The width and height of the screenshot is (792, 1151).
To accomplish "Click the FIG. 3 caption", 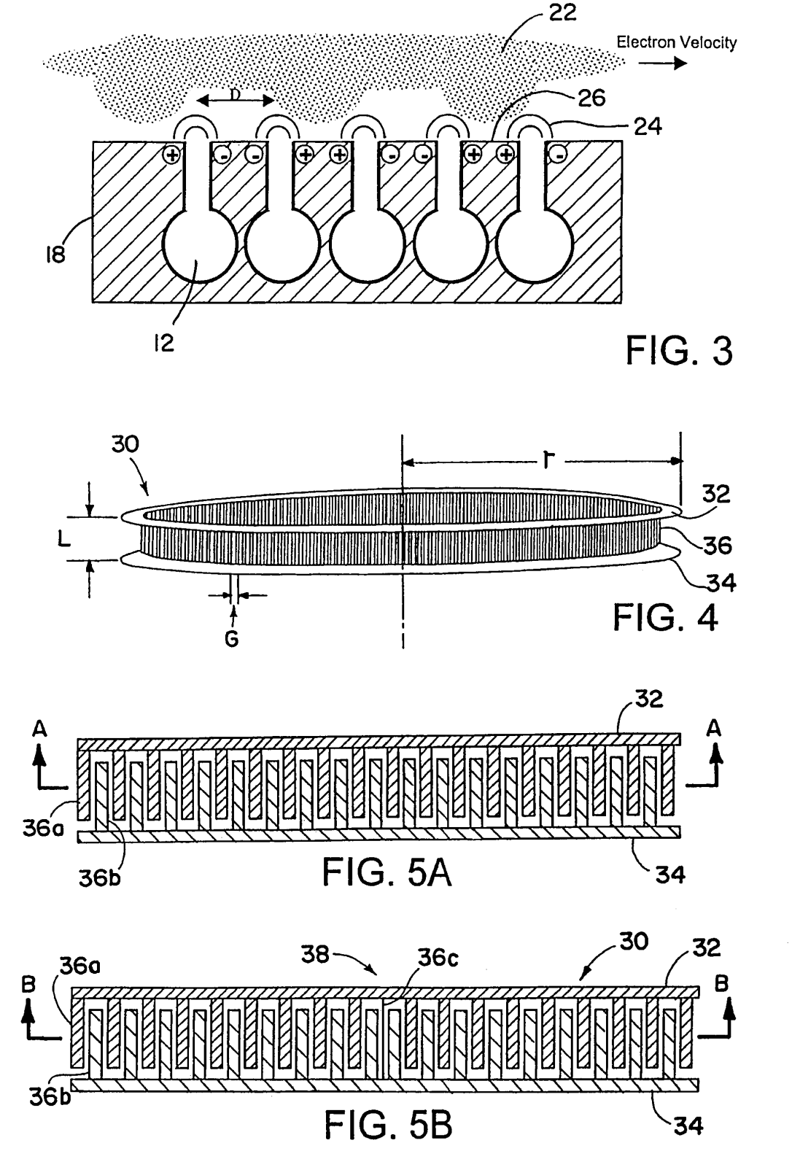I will coord(679,351).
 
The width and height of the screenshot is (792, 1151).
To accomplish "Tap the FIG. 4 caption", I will coord(665,617).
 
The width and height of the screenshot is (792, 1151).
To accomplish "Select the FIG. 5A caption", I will coord(387,873).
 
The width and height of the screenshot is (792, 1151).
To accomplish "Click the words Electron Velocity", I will coord(676,42).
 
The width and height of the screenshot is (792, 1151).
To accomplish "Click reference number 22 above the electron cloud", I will coord(562,14).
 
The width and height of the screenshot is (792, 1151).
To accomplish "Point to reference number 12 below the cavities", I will coord(165,344).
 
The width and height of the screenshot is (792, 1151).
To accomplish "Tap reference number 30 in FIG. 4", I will coord(125,444).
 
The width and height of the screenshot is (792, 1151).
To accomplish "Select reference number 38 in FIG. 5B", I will coord(314,954).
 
